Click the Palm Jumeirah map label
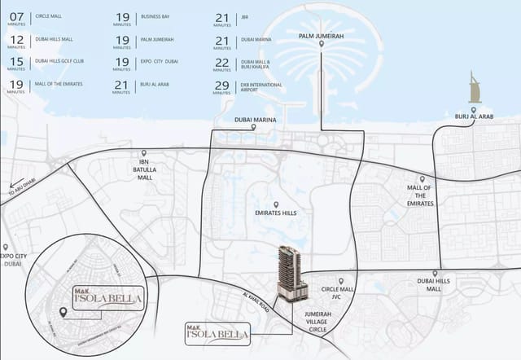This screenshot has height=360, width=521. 322,36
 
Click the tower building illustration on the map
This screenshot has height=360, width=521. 288,270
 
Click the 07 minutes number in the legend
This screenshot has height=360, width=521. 16,15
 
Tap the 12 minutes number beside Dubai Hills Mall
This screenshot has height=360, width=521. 16,38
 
